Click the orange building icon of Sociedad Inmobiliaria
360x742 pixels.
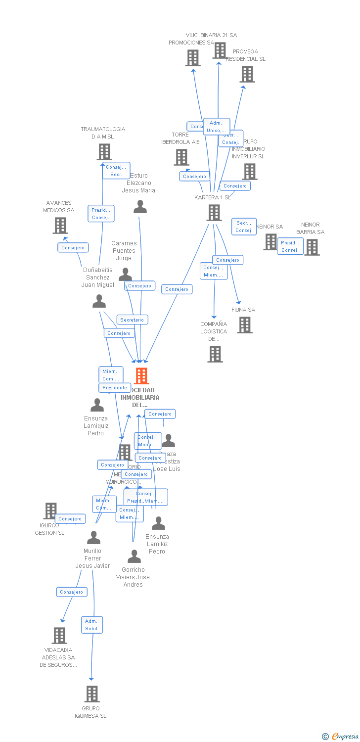[141, 376]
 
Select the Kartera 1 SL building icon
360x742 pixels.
[214, 213]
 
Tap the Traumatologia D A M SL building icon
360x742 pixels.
[104, 152]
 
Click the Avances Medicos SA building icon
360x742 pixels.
[60, 226]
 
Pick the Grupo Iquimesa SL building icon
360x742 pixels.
[91, 694]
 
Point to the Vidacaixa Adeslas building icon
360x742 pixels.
[59, 636]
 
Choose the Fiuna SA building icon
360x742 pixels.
[245, 325]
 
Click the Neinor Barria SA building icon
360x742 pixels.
[312, 247]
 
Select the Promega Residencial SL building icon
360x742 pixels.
[247, 74]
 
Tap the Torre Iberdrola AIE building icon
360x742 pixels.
[181, 157]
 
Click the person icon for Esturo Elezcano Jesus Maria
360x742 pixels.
[140, 207]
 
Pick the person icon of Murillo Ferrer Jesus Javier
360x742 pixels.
[93, 538]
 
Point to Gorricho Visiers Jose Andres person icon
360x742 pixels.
[134, 556]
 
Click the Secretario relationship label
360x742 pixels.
[132, 320]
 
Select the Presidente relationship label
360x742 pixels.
[115, 388]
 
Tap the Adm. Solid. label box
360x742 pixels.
[92, 625]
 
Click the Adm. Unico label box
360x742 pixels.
[216, 127]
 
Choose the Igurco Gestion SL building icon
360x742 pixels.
[51, 510]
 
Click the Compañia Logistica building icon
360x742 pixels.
[215, 354]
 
